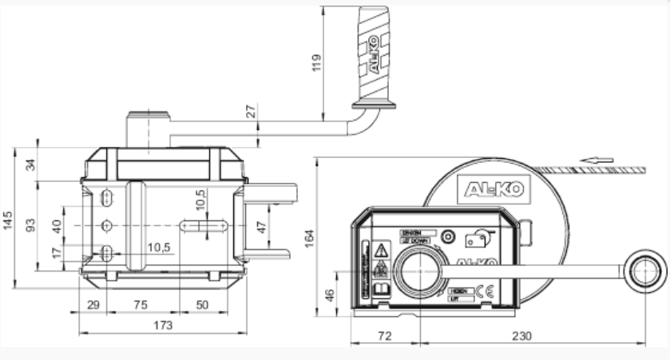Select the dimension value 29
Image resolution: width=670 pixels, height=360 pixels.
click(93, 305)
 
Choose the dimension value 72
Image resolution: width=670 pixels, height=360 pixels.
click(384, 336)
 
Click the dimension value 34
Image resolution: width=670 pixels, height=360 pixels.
click(32, 166)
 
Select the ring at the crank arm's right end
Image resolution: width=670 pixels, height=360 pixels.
click(645, 271)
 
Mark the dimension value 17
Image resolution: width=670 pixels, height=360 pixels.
click(57, 253)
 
